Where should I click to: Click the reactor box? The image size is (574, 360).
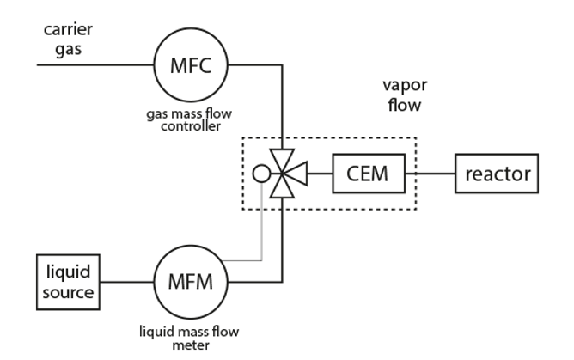tap(497, 174)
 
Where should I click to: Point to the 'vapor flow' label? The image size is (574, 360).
tap(404, 99)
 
